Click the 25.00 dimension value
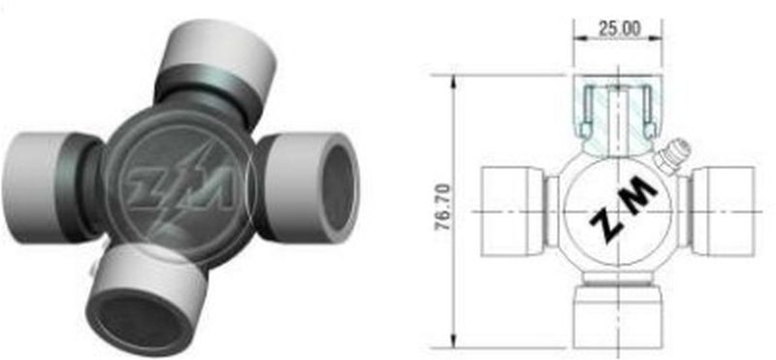(619, 29)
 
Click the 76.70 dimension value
(443, 207)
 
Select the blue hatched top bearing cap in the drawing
(618, 115)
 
